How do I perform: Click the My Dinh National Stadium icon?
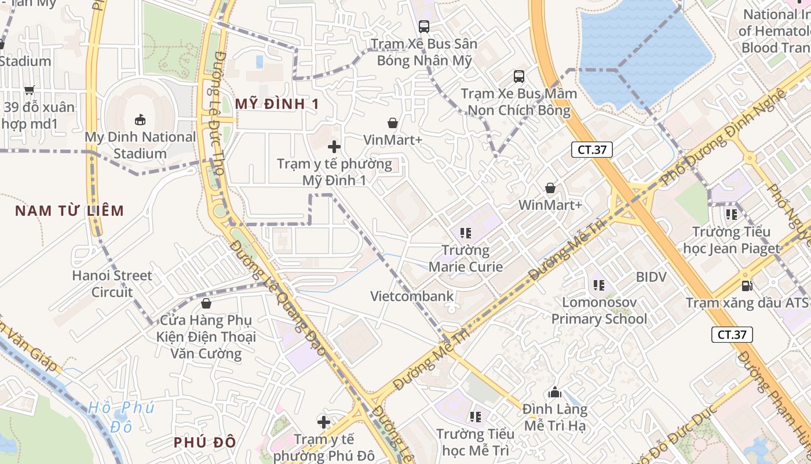tap(140, 120)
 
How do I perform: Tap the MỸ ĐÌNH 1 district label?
tap(277, 104)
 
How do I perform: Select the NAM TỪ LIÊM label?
tap(70, 211)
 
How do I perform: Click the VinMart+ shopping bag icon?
tap(393, 123)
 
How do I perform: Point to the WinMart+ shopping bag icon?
tap(550, 188)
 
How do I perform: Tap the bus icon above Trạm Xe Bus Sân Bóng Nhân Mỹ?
tap(424, 26)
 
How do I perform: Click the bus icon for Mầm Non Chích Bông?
tap(518, 76)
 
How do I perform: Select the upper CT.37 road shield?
tap(592, 150)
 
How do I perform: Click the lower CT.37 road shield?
tap(732, 335)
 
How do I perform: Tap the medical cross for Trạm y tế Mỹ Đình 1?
tap(334, 147)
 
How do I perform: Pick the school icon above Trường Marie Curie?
tap(465, 233)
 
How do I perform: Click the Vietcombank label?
tap(412, 296)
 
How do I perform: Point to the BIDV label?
tap(651, 277)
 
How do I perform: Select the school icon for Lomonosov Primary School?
tap(599, 285)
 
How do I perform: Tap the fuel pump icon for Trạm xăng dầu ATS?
tap(747, 285)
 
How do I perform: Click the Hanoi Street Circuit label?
tap(112, 284)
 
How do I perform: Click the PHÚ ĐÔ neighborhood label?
tap(204, 443)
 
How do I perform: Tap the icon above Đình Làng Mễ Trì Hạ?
tap(555, 393)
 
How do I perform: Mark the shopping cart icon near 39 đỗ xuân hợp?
tap(29, 90)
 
